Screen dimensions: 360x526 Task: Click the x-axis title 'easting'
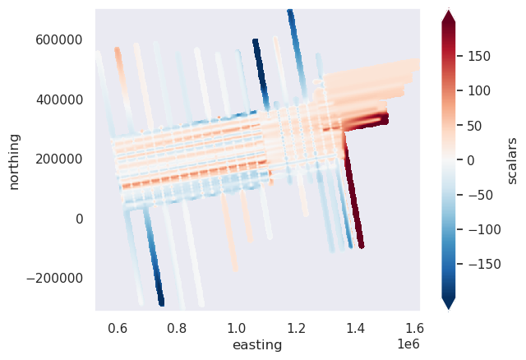(x=257, y=344)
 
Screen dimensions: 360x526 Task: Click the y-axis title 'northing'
(x=14, y=159)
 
